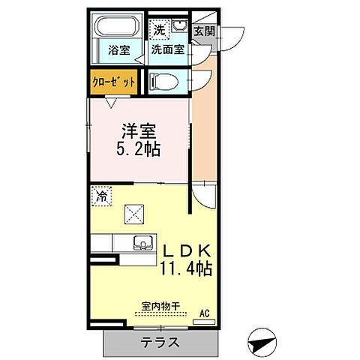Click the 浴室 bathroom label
(x=118, y=51)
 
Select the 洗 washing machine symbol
(x=159, y=31)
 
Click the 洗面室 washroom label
(x=168, y=50)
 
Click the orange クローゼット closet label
(x=114, y=82)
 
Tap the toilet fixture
(x=163, y=80)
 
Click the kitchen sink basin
(x=139, y=244)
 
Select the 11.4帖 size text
(x=185, y=268)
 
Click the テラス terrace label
(x=160, y=343)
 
